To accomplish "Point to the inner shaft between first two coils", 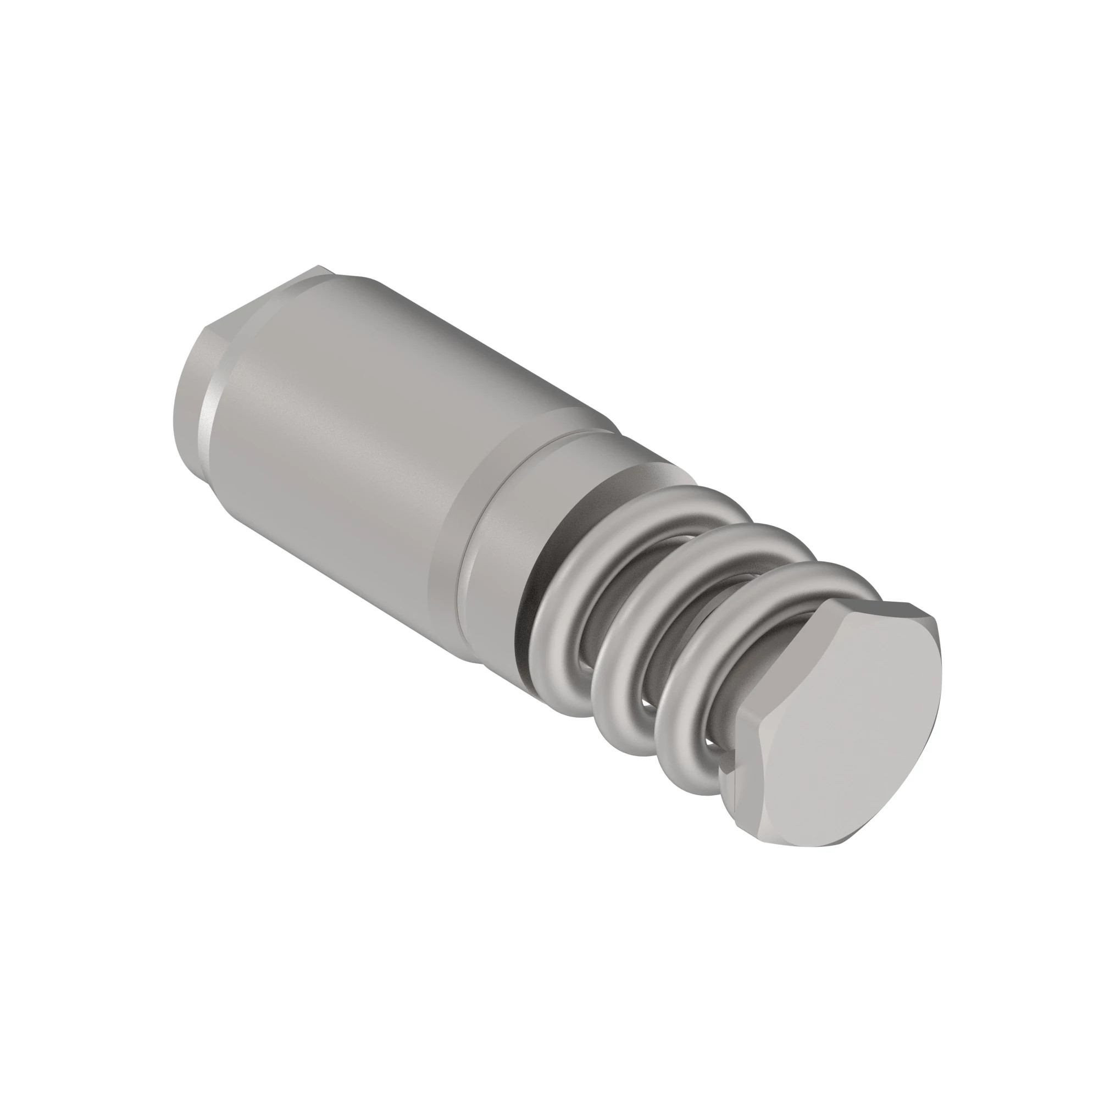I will coord(586,654).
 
